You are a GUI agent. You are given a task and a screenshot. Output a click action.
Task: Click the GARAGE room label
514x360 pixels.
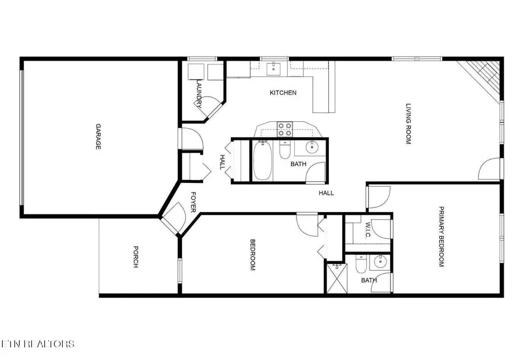[x=98, y=137]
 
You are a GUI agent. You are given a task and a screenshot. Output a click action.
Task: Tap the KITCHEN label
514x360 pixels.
[x=283, y=93]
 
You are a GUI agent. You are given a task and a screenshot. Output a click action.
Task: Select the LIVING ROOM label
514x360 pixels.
[x=408, y=124]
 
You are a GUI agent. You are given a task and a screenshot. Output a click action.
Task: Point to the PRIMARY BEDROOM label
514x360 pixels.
[x=441, y=237]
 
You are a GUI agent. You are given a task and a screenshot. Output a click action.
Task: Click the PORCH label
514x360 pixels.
[x=136, y=257]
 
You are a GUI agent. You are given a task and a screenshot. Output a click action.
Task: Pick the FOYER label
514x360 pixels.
[x=193, y=202]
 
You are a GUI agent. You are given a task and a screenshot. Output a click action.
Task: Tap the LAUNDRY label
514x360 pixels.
[x=199, y=94]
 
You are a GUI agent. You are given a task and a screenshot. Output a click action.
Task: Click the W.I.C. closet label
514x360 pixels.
[x=367, y=231]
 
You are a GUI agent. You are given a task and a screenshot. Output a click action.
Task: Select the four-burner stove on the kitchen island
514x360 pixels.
[x=284, y=129]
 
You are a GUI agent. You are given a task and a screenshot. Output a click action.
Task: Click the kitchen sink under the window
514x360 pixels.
[x=274, y=69]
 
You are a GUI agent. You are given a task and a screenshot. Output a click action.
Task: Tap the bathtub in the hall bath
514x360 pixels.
[x=262, y=161]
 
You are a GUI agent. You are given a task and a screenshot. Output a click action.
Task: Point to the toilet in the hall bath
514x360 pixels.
[x=284, y=150]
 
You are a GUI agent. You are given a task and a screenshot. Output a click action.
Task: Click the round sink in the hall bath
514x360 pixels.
[x=311, y=147]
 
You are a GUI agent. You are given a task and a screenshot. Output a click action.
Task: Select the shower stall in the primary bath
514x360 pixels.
[x=336, y=279]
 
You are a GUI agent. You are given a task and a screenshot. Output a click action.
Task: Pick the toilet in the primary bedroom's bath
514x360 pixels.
[x=360, y=265]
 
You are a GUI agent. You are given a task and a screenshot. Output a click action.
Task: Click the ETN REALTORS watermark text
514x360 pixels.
[x=38, y=343]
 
